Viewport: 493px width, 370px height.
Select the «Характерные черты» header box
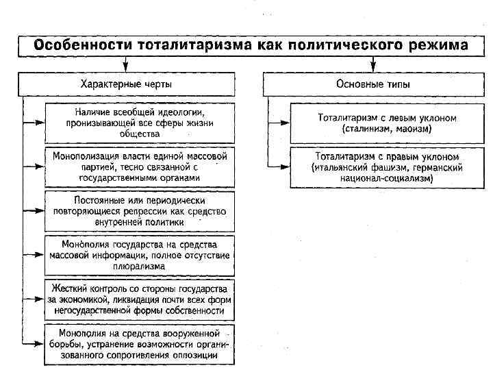127,84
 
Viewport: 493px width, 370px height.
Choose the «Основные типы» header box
373,84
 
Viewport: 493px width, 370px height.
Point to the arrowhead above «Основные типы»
373,66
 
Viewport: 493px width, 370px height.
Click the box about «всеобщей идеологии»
140,122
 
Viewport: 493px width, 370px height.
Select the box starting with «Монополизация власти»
140,166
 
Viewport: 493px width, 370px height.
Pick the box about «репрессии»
140,210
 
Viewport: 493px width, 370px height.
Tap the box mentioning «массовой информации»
140,254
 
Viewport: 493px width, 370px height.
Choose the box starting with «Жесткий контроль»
140,299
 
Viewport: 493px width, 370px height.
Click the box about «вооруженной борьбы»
140,343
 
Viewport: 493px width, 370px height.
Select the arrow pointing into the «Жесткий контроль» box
34,299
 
